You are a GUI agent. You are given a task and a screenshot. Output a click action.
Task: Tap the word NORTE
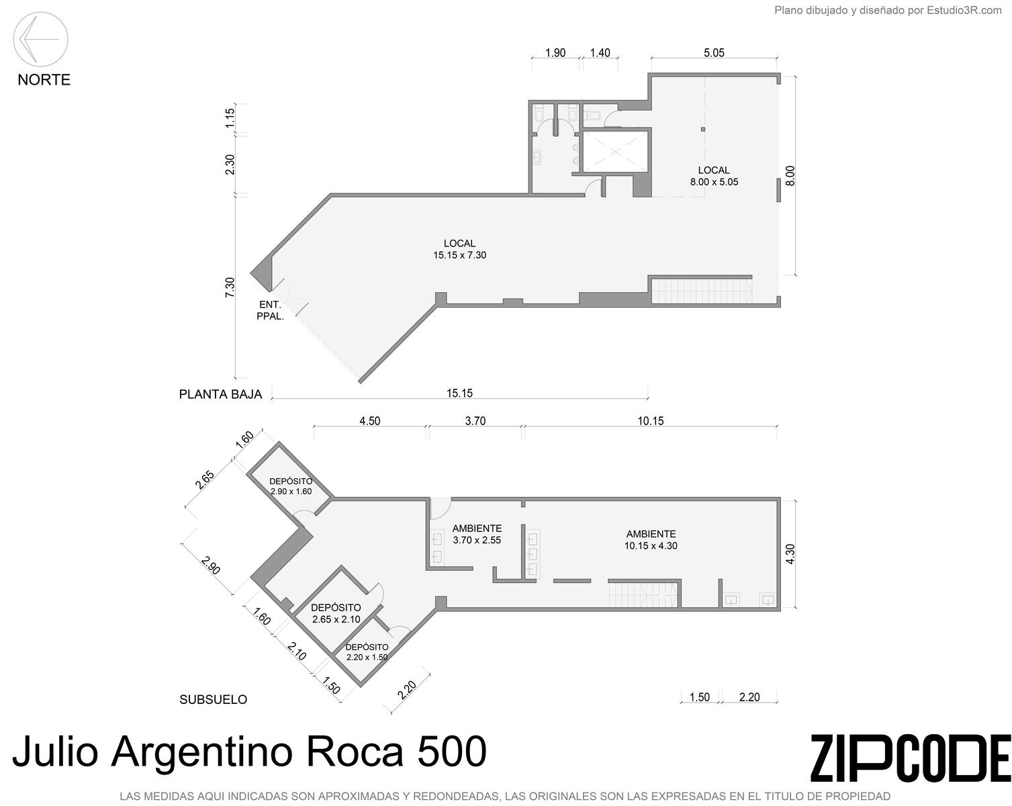tap(44, 80)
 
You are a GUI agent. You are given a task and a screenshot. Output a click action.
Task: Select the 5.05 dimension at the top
tap(714, 52)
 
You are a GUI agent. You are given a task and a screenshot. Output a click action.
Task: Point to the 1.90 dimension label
tap(555, 52)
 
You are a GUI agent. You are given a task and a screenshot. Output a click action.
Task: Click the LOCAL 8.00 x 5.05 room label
tap(714, 176)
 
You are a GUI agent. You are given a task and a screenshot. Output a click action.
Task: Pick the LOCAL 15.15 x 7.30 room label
tap(459, 249)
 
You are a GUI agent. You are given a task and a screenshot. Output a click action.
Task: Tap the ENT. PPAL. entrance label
tap(270, 310)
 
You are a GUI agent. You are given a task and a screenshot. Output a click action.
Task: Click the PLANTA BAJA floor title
tap(220, 394)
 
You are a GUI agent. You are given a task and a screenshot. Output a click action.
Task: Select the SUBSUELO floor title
tap(213, 700)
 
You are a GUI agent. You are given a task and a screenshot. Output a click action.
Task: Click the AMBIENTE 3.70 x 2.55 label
tap(477, 535)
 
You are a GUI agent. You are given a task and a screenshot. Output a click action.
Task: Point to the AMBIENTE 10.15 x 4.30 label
tap(651, 540)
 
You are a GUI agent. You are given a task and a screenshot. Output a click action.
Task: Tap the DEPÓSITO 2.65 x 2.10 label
tap(336, 613)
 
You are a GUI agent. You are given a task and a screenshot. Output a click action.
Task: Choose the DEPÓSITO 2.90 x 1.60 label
tap(291, 486)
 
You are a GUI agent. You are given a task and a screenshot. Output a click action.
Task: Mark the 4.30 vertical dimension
tap(790, 554)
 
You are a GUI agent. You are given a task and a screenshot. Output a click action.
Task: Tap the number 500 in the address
tap(451, 752)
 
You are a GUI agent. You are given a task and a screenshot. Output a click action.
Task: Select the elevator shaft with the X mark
tap(615, 152)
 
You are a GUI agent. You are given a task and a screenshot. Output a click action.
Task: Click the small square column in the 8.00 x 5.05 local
tap(703, 130)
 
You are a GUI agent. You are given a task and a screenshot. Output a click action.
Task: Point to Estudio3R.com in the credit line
tap(964, 10)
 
